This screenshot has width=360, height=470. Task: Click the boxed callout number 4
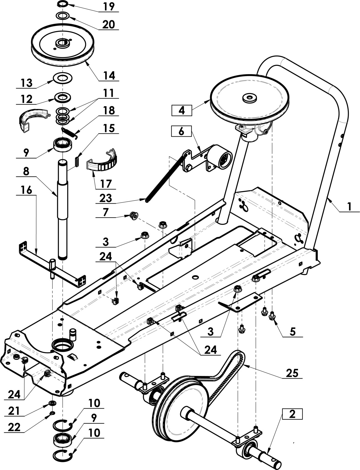coord(182,111)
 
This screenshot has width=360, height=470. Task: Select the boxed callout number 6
coord(181,131)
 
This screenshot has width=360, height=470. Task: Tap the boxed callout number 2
coord(292,414)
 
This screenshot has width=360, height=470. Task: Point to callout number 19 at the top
coord(109,7)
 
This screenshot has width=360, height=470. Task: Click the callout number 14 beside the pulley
coord(109,76)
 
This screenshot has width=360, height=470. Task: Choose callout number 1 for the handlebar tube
coord(349,206)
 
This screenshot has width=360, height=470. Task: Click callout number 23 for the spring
coord(106,198)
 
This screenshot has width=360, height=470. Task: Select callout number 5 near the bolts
coord(293,331)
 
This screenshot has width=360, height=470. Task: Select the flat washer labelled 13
coord(63,78)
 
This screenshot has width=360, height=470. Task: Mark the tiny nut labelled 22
coord(52,413)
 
